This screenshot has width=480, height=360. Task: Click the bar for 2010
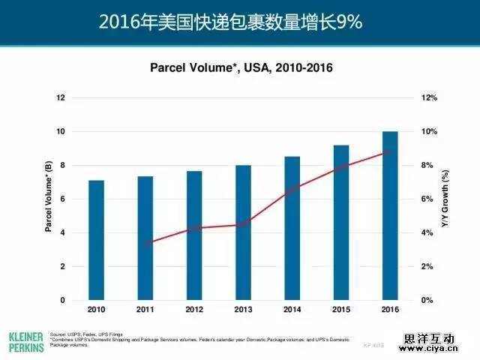tap(96, 240)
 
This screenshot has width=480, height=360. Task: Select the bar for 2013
tap(243, 232)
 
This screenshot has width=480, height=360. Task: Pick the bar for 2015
tap(340, 222)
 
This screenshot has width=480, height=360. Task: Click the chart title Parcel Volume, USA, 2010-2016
tap(241, 67)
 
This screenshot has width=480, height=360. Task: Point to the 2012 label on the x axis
tap(194, 310)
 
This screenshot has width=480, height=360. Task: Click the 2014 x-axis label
tap(292, 310)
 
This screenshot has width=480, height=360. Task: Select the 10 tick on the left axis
tap(61, 131)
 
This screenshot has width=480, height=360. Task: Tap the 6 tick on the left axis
tap(63, 199)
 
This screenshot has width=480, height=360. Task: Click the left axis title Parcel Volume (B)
tap(48, 199)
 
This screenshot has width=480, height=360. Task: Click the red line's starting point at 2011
tap(145, 243)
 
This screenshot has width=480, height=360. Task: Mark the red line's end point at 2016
tap(390, 151)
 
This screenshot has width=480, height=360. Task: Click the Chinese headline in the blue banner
tap(240, 22)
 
